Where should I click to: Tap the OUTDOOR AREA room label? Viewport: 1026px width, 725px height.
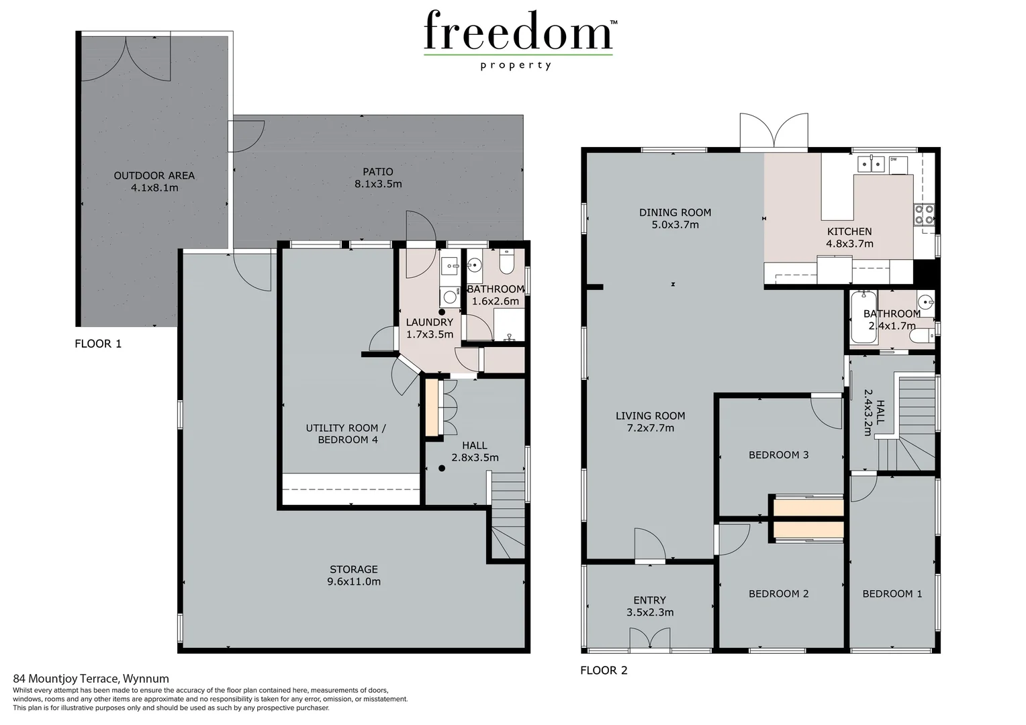pos(154,181)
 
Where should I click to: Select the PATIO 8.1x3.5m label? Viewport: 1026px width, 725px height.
pos(378,178)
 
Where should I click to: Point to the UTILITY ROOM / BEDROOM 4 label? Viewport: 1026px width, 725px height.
pos(346,434)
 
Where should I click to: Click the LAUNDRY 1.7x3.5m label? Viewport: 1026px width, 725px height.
pos(430,328)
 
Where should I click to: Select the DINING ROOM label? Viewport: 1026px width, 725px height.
pos(675,218)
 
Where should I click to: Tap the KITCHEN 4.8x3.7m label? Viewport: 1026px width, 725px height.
pos(849,238)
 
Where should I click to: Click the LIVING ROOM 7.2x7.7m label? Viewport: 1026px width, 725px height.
pos(650,422)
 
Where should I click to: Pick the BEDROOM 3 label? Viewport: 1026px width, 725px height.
pos(778,454)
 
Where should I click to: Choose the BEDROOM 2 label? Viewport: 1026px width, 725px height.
pos(778,593)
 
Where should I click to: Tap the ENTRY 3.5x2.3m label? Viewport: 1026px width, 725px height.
pos(649,606)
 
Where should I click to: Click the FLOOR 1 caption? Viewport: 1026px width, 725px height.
pos(98,344)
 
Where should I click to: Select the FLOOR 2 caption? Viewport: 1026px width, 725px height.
pos(604,670)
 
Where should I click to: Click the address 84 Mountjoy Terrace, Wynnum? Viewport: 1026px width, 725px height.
pos(91,679)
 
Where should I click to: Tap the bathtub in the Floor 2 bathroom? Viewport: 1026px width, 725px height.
pos(863,319)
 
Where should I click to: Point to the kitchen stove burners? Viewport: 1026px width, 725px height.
pos(923,213)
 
